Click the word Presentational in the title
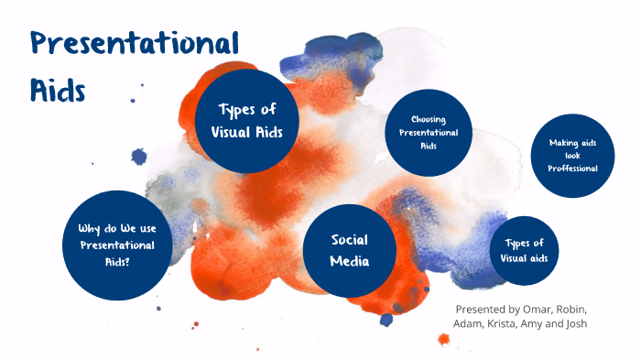134,43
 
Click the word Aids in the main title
58,90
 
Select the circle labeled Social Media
350,250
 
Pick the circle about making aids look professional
573,156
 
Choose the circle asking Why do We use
116,245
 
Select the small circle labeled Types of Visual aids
525,250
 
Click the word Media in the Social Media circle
350,261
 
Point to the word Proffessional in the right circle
573,168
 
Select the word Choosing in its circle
429,120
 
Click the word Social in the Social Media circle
350,240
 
